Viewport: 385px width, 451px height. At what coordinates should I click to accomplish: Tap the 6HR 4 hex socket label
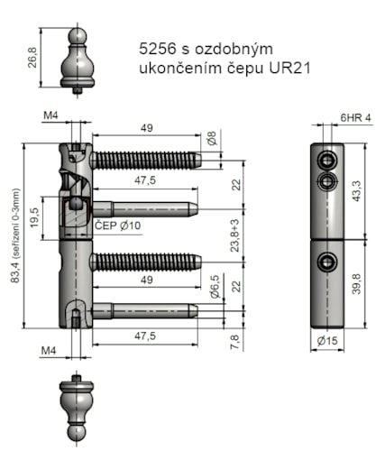(356, 118)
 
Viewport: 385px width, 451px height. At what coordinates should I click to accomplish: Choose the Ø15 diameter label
(326, 342)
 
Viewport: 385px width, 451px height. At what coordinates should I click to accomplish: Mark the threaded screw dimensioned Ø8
(144, 161)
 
